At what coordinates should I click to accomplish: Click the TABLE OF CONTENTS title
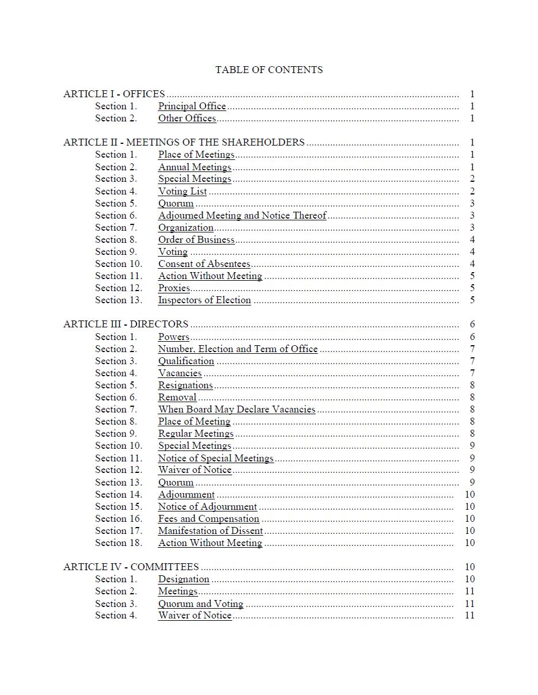[x=269, y=70]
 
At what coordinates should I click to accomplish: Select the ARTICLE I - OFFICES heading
[x=114, y=94]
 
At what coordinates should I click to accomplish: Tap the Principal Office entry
[x=192, y=106]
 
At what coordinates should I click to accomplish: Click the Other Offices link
[x=187, y=118]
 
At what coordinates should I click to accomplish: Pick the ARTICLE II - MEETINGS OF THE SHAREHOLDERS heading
[x=184, y=142]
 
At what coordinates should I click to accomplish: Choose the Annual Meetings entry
[x=195, y=167]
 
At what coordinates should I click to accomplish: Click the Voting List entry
[x=183, y=191]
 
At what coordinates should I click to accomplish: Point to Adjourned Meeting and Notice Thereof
[x=242, y=215]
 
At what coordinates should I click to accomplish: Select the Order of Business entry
[x=196, y=239]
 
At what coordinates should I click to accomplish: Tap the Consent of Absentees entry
[x=204, y=264]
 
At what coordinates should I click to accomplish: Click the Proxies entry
[x=174, y=288]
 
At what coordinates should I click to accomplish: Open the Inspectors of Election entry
[x=204, y=300]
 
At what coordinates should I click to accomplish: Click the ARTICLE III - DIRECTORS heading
[x=126, y=324]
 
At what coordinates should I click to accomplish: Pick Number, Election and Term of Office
[x=238, y=349]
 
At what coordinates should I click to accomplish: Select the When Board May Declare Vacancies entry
[x=237, y=409]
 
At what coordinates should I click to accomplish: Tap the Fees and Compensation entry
[x=209, y=518]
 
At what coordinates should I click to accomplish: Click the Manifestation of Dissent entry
[x=210, y=530]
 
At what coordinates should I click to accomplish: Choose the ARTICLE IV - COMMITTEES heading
[x=131, y=567]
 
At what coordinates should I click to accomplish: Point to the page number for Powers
[x=472, y=337]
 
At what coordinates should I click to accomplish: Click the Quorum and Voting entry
[x=200, y=604]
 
